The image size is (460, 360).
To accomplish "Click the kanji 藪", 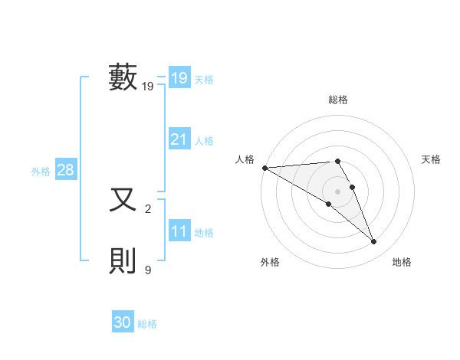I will [x=123, y=77].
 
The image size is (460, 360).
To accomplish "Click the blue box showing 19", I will [x=179, y=78].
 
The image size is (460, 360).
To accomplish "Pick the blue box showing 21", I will [x=179, y=139].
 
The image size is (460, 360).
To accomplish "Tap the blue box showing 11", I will [x=179, y=231].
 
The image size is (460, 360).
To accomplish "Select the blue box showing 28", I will [x=65, y=170].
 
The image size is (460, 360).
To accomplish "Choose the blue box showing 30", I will [x=123, y=322].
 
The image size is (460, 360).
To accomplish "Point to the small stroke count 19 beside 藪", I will [x=148, y=87].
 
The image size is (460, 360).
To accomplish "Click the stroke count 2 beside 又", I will [x=148, y=208].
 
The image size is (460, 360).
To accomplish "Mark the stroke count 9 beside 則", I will [x=148, y=270].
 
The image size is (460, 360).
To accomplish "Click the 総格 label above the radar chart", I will [x=338, y=100].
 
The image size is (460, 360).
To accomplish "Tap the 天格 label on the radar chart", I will [x=432, y=159].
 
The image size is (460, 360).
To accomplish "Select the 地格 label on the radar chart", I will [x=402, y=262].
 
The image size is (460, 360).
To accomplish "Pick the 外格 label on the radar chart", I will [x=270, y=262].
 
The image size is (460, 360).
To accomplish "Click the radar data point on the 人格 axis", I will [x=264, y=168].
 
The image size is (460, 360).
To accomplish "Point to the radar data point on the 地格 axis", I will [x=374, y=242].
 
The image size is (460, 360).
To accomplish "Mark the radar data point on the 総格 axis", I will [x=338, y=161].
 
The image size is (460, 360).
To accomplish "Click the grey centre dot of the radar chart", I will [x=338, y=191].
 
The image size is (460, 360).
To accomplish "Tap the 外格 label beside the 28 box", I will [x=41, y=172].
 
